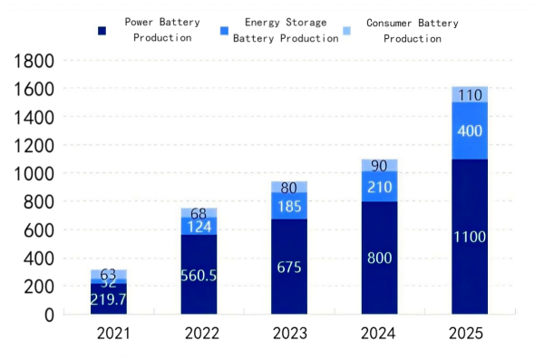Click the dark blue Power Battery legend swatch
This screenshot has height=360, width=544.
[103, 30]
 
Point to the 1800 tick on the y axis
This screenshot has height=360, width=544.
[34, 62]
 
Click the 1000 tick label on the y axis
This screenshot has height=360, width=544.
[34, 174]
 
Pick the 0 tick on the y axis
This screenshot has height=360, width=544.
[49, 315]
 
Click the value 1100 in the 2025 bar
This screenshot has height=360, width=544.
[470, 238]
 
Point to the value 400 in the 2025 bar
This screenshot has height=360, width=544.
[470, 131]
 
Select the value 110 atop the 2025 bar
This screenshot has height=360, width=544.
[470, 95]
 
